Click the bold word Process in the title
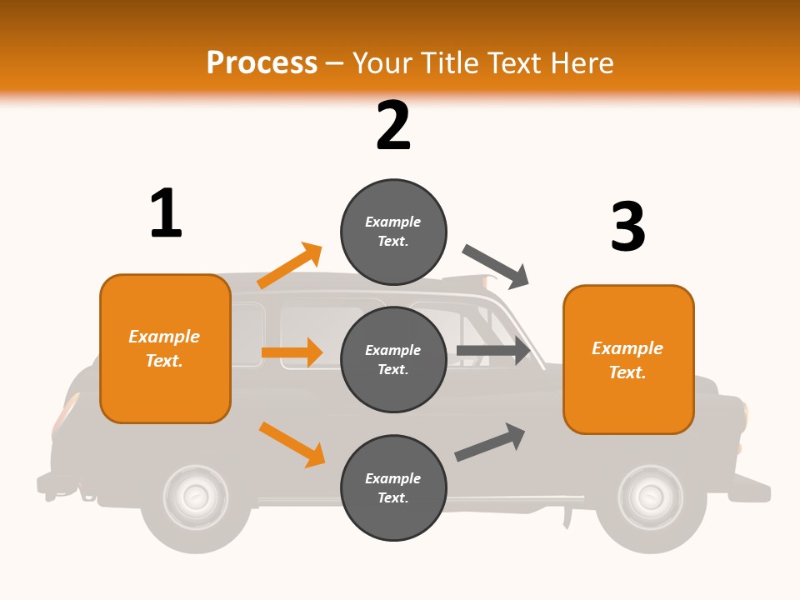point(262,62)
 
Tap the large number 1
point(166,213)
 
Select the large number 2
point(393,125)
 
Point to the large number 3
point(627,227)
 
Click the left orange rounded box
point(165,348)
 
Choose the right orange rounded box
point(628,360)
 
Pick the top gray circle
point(393,231)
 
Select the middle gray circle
point(393,359)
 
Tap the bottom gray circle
point(393,487)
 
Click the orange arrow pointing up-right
point(290,266)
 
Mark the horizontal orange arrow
point(292,352)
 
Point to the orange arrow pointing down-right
point(292,444)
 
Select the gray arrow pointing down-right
point(497,267)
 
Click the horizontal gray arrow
point(493,351)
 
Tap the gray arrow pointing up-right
point(490,442)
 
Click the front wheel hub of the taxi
point(650,497)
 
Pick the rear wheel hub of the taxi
point(195,497)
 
